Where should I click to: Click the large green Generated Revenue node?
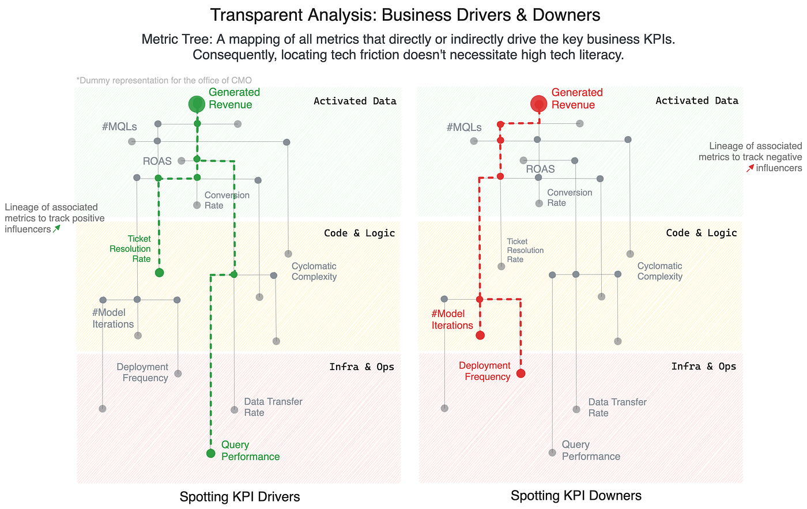197,104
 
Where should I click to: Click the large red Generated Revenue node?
539,104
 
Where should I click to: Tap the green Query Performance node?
211,453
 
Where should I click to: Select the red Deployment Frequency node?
521,373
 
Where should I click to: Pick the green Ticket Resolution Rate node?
159,273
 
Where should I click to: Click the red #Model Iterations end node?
480,335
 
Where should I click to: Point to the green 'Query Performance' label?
250,451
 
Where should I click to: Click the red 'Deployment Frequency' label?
485,371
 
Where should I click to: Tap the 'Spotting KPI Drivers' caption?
240,496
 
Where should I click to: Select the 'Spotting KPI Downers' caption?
576,496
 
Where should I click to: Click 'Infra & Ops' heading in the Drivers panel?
362,367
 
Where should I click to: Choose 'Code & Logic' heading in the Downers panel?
702,233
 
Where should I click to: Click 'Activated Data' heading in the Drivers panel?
355,101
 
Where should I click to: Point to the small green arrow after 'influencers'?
56,229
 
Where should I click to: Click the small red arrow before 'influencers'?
750,168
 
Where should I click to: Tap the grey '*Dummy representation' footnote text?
164,80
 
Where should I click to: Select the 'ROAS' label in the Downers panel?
541,169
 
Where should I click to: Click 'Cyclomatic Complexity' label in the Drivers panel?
314,272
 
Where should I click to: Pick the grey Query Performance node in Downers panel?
552,453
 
